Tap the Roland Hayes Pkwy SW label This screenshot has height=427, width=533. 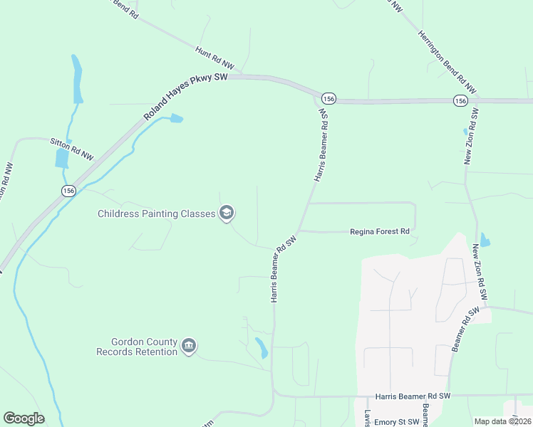[185, 96]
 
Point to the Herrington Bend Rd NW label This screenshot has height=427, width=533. [447, 64]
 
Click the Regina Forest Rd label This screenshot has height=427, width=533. [380, 231]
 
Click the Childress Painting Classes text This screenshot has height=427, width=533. [156, 213]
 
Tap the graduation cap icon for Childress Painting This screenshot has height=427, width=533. [227, 213]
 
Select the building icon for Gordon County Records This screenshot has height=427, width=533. [189, 347]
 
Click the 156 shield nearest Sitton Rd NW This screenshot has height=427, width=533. [68, 191]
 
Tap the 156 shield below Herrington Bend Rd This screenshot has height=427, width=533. [460, 101]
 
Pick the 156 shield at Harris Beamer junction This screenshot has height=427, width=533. [328, 97]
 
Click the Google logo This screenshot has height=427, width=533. [24, 418]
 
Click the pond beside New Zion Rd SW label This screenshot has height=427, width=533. [485, 240]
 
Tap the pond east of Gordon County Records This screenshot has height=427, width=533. [261, 348]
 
